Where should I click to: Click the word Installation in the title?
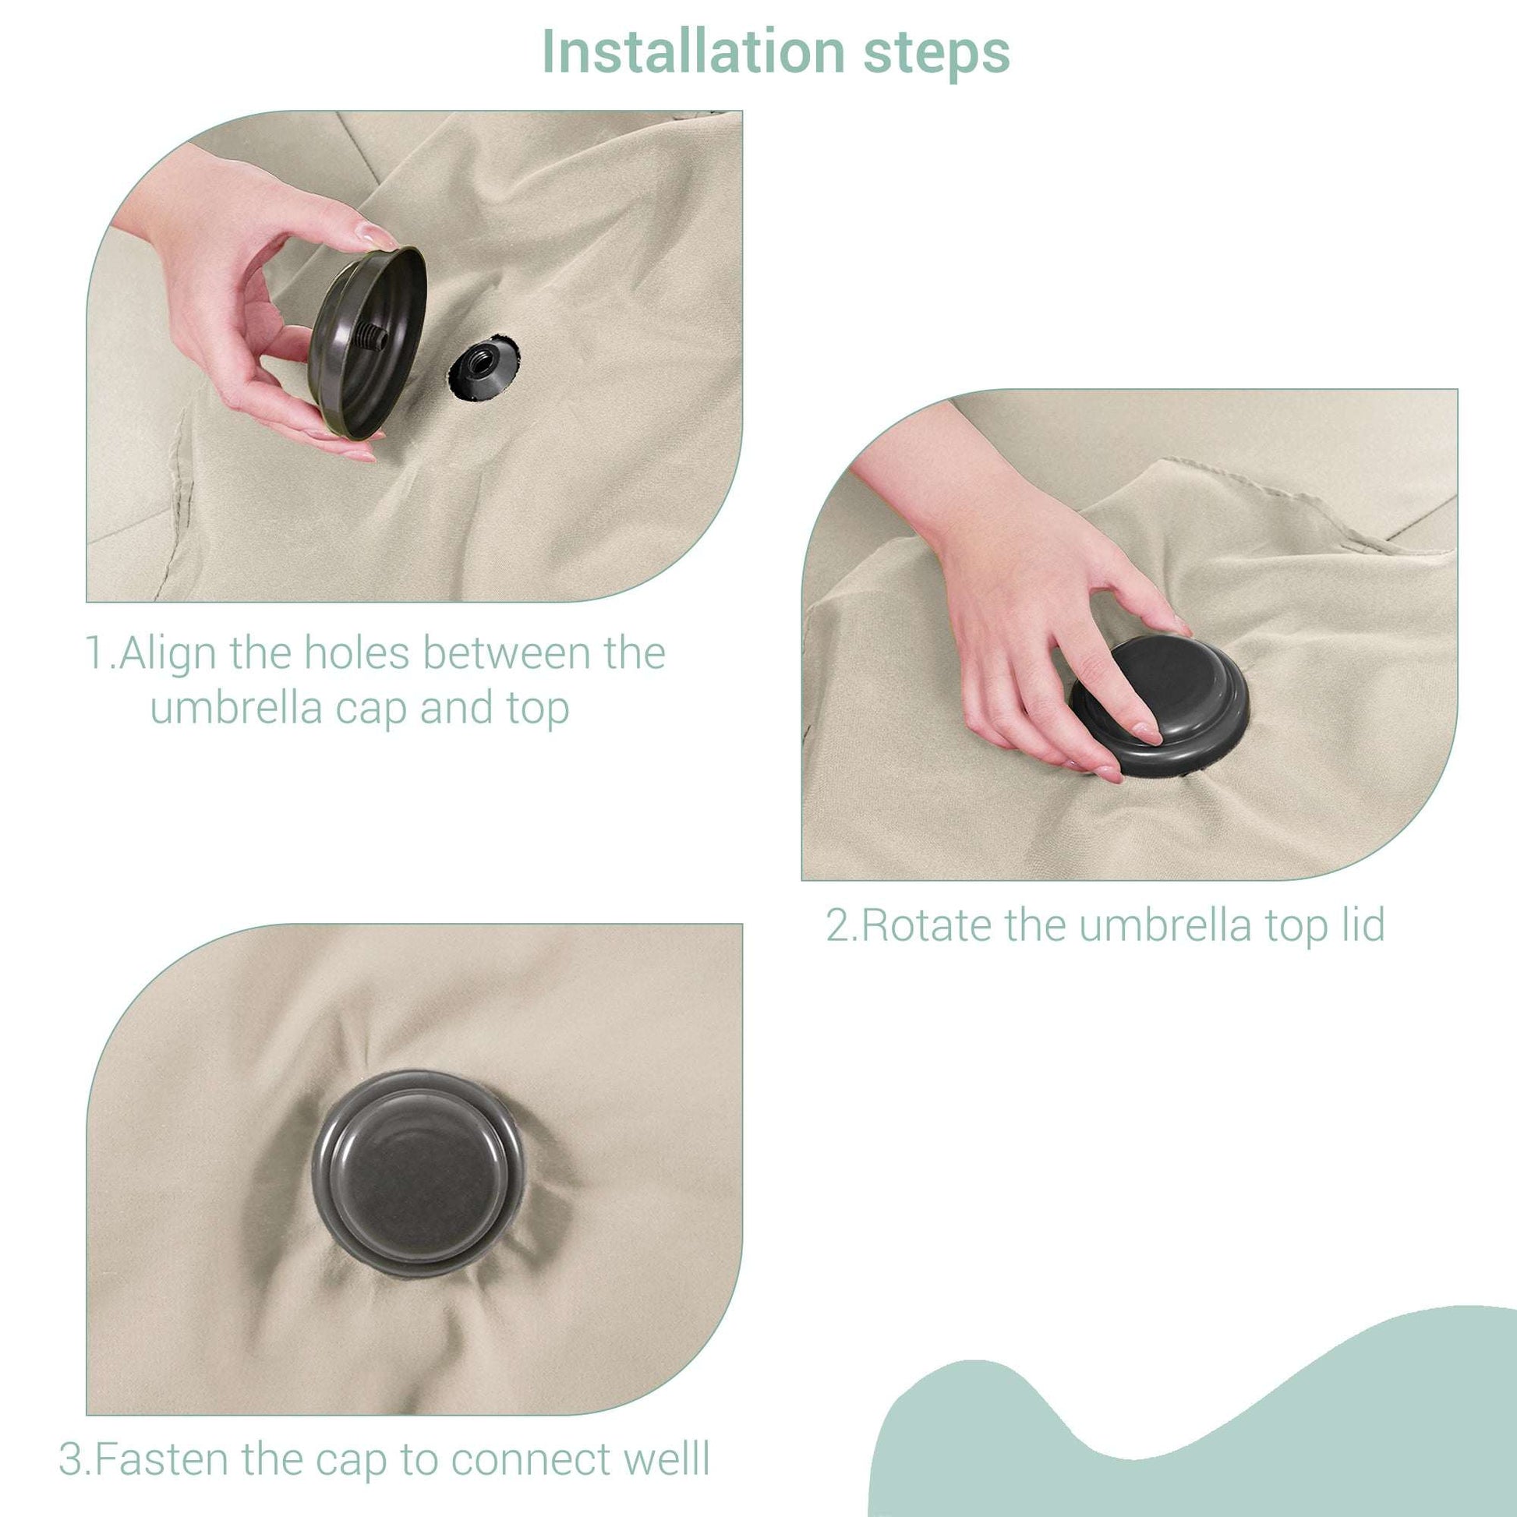point(694,51)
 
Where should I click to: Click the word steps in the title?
point(937,55)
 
